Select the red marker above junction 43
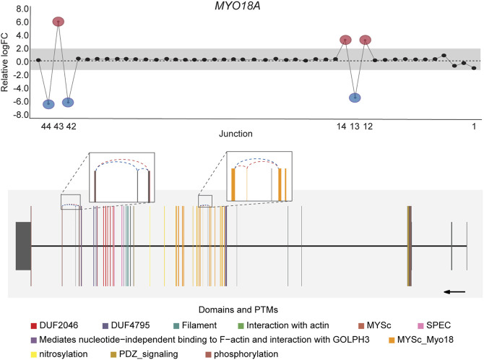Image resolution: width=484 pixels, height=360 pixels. pos(59,22)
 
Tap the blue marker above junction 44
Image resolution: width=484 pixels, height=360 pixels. pos(48,104)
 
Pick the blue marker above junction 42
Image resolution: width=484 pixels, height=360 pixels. pos(68,102)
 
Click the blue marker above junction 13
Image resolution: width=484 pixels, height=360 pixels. pos(355,98)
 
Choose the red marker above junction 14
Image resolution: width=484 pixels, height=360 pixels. pos(345,40)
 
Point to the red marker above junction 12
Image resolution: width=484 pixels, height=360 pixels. pos(366,40)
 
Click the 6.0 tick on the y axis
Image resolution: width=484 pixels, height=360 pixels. pos(22,22)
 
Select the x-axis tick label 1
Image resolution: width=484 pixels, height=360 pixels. pos(474,127)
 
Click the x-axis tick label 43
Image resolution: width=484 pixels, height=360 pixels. pos(59,127)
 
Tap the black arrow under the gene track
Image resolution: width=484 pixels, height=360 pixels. pos(454,291)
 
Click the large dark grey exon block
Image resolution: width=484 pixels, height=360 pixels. pos(22,247)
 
